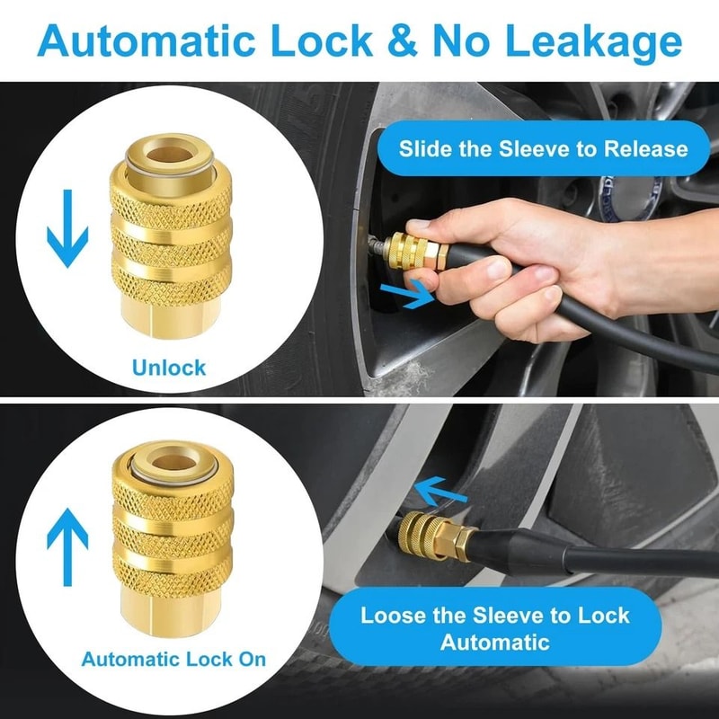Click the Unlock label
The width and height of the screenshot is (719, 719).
(168, 367)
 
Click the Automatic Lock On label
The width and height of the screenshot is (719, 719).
(173, 659)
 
